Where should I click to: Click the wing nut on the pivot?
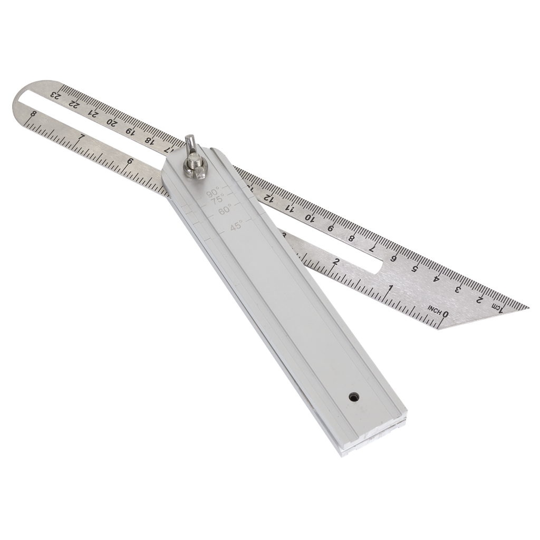coord(194,161)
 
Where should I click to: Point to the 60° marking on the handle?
coord(225,209)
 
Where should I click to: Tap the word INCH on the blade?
coord(435,310)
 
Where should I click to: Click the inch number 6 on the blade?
coord(130,161)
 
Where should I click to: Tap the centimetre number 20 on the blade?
coord(112,121)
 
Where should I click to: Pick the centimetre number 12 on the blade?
coord(268,198)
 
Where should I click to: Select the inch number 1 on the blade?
coord(390,287)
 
